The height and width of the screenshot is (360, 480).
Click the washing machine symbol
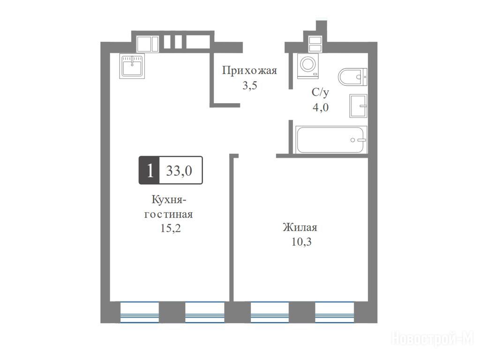307,65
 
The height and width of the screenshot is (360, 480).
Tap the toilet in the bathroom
352,76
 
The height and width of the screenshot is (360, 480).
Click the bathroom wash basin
358,105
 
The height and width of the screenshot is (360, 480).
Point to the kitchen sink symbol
132,66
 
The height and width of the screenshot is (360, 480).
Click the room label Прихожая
249,71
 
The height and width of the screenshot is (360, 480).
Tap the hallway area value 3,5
250,85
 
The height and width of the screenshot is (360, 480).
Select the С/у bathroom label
320,92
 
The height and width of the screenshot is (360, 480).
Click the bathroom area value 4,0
321,107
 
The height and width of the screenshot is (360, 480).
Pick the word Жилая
300,227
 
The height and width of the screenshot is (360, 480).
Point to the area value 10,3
301,242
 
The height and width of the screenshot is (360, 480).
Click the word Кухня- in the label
169,200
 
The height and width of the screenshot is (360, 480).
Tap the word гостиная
169,214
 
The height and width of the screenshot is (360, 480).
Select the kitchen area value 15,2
171,228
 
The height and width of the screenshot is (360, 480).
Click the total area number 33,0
179,171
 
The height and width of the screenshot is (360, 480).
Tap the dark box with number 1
150,170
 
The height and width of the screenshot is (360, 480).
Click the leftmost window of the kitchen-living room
140,312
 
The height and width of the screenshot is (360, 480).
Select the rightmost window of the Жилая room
335,312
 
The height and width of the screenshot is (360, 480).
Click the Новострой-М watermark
433,338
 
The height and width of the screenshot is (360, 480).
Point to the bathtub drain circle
352,140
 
